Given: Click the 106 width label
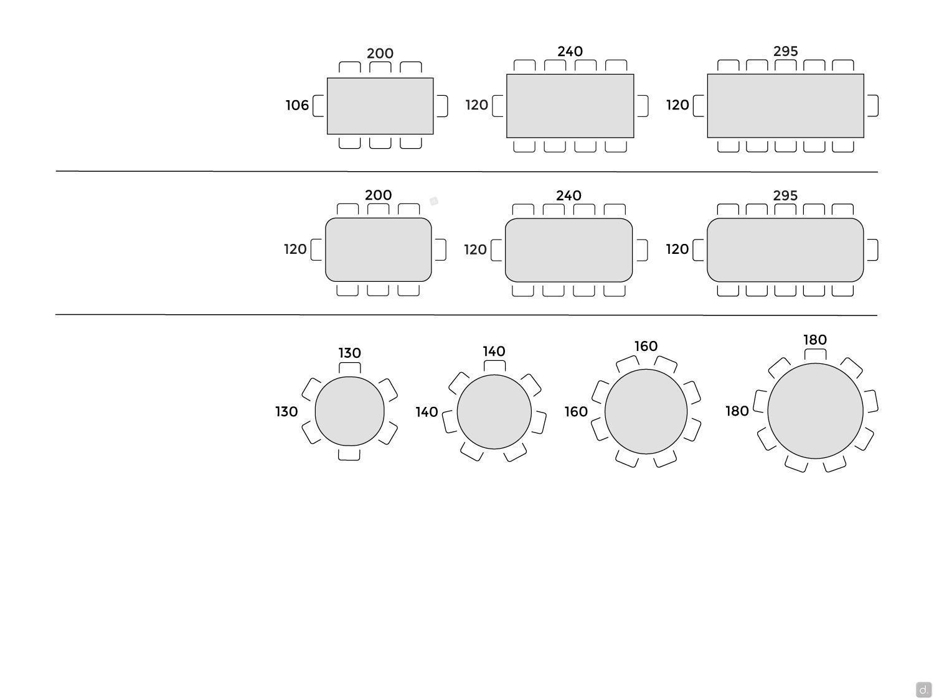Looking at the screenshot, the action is point(297,105).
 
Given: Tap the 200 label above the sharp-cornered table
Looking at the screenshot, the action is point(380,54).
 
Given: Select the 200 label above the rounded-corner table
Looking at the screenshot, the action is point(379,195).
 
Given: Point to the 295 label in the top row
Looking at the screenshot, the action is point(786,52).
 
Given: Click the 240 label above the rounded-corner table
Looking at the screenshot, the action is point(568,195).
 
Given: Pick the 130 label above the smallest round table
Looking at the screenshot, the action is point(350,353).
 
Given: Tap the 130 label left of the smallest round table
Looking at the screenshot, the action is point(286,411).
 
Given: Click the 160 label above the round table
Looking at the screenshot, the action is point(646,347).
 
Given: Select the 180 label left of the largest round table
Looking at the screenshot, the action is point(737,411).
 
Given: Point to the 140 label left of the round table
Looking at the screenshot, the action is point(427,412).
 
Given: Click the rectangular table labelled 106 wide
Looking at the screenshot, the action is point(380,106).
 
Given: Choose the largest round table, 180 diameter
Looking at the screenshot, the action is point(815,411).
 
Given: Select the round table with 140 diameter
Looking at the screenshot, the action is point(494,412).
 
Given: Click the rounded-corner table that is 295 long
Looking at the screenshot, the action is point(785,250).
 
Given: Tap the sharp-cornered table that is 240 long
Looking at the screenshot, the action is point(570,106).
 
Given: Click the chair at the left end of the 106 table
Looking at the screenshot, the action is point(318,106).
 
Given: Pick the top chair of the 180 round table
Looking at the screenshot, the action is point(815,355).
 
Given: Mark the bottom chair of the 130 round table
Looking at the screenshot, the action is point(349,454).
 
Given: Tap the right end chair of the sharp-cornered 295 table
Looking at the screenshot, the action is point(872,105).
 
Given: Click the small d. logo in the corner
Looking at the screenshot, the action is point(923,689).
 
